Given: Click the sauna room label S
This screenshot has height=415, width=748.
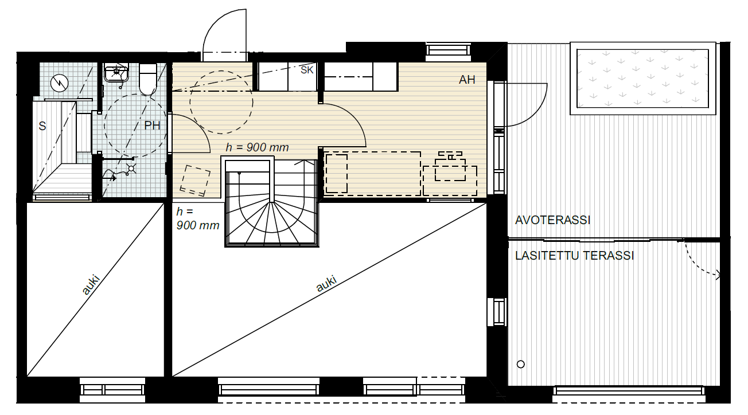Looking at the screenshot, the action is pos(42,126).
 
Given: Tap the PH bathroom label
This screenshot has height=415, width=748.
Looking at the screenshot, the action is pos(152,126).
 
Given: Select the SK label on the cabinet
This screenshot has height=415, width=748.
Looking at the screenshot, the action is pos(307,70).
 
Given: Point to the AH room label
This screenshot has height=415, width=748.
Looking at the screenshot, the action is pos(467,80).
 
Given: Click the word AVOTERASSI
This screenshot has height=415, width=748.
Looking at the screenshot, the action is pos(552,220).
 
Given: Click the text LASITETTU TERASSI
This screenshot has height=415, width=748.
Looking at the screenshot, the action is pos(574,256).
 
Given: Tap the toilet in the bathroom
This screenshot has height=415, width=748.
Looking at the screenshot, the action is pos(148,79).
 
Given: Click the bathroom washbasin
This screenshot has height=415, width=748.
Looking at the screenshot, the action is pos(116,73).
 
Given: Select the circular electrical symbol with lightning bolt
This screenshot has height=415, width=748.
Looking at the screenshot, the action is pos(60,83).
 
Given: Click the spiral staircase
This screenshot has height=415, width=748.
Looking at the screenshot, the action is pos(272,203).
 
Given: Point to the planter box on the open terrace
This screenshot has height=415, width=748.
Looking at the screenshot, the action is pos(643,79).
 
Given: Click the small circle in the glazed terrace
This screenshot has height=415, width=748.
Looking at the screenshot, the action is pos(521,365).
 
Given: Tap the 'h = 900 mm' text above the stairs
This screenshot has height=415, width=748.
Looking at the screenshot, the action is pos(257,147).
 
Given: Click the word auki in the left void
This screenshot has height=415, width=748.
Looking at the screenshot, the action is pos(91,284).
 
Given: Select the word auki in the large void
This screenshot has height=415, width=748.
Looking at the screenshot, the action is pos(326,284).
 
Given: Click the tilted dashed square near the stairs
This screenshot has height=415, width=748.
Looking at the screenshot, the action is pos(196,180).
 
